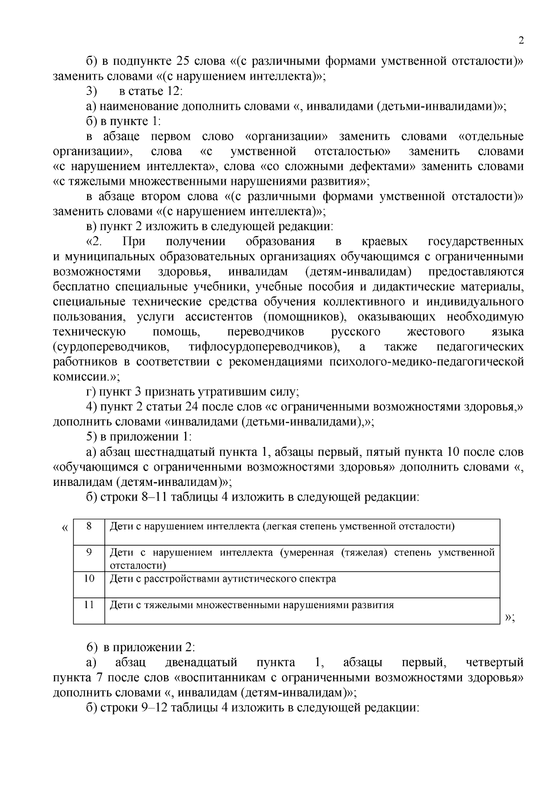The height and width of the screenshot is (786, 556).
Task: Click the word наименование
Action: click(139, 107)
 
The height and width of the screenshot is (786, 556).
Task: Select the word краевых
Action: click(385, 241)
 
